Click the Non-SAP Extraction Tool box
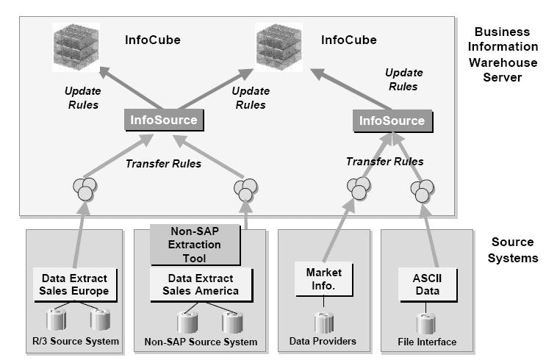pyautogui.click(x=195, y=245)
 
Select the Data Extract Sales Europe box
pyautogui.click(x=73, y=284)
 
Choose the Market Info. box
pyautogui.click(x=319, y=278)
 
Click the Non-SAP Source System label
pyautogui.click(x=201, y=342)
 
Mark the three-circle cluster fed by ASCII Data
pyautogui.click(x=423, y=190)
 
